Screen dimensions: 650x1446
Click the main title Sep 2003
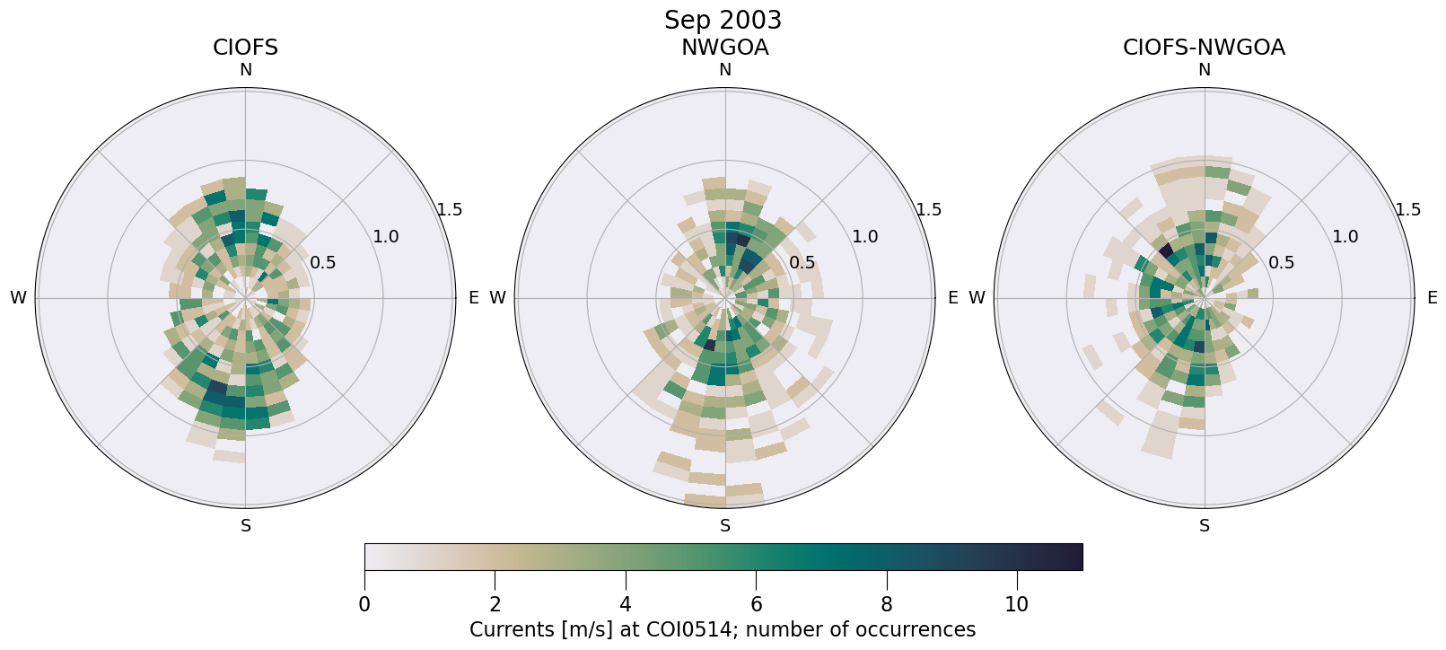[723, 20]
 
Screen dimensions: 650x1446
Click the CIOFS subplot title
[245, 48]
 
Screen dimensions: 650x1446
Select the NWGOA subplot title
[724, 48]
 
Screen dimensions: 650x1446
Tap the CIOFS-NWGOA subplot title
[1204, 48]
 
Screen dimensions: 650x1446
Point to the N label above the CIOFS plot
[245, 70]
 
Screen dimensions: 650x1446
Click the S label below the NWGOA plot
[725, 526]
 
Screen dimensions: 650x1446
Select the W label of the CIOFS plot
[18, 298]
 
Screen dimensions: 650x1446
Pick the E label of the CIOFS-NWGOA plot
[1432, 298]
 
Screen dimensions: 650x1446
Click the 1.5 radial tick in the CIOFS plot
[449, 210]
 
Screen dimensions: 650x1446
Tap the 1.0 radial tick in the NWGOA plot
[865, 237]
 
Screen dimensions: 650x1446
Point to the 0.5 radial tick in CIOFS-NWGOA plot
[1282, 263]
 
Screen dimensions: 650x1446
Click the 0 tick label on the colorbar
[364, 605]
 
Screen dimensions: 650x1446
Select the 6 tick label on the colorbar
[756, 605]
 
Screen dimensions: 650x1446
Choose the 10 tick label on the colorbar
[1017, 605]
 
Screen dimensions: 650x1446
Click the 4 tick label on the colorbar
[626, 605]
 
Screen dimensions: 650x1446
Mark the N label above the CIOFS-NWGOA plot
[1205, 70]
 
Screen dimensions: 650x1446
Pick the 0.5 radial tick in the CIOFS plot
[323, 263]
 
